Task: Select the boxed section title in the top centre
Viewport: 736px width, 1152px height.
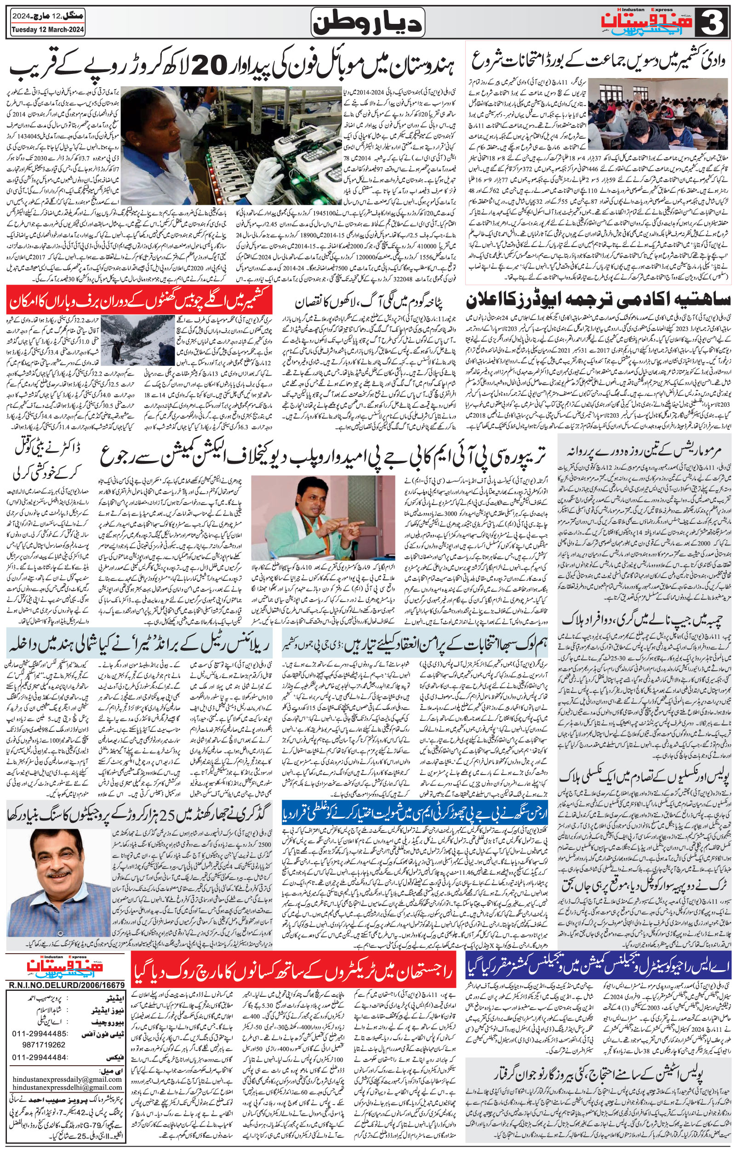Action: coord(368,22)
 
